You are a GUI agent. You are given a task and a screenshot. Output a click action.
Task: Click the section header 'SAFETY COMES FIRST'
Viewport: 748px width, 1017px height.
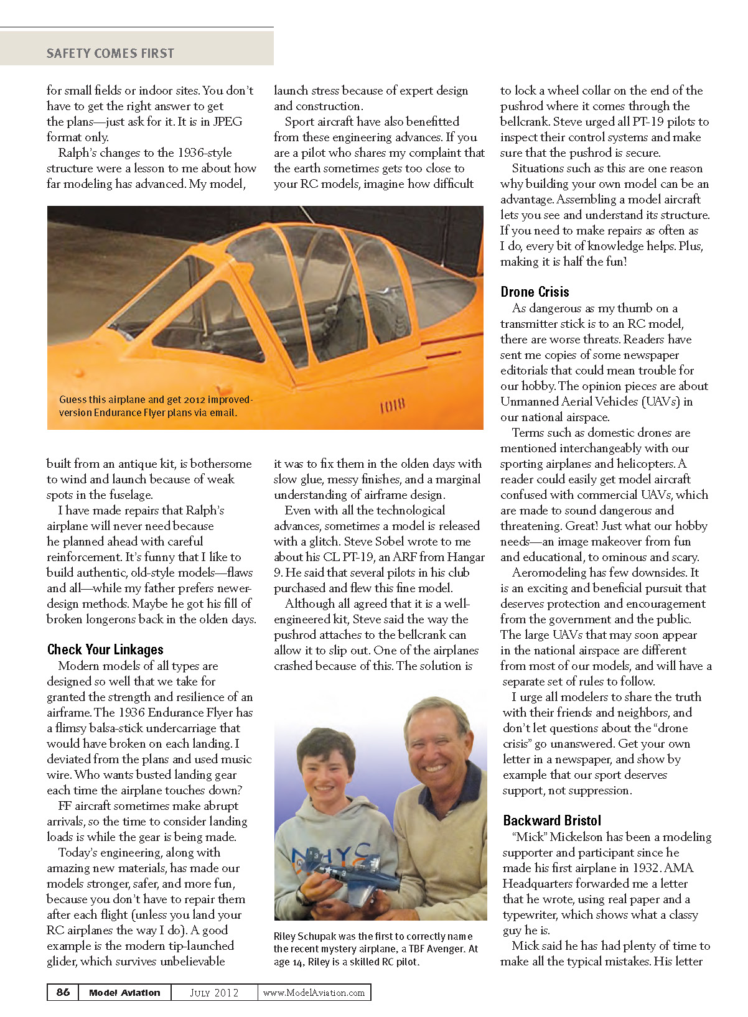[x=110, y=53]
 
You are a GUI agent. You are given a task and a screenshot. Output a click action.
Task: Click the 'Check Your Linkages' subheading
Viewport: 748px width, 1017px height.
[x=105, y=650]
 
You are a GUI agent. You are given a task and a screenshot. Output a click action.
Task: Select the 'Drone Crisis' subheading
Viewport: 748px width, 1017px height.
[x=535, y=292]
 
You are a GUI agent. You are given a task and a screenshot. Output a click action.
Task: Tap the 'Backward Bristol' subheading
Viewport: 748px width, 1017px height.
[x=552, y=820]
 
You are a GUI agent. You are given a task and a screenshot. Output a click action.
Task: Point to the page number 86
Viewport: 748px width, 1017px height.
[x=63, y=992]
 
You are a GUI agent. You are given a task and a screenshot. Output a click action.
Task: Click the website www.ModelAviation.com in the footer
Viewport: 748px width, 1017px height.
[x=314, y=993]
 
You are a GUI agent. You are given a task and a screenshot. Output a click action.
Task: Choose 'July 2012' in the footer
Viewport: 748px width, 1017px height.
[x=214, y=993]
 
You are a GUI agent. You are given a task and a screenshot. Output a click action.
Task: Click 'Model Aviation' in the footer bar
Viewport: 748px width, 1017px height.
[x=124, y=993]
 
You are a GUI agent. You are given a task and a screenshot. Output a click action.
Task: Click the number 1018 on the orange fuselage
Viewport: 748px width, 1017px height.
[x=393, y=407]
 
